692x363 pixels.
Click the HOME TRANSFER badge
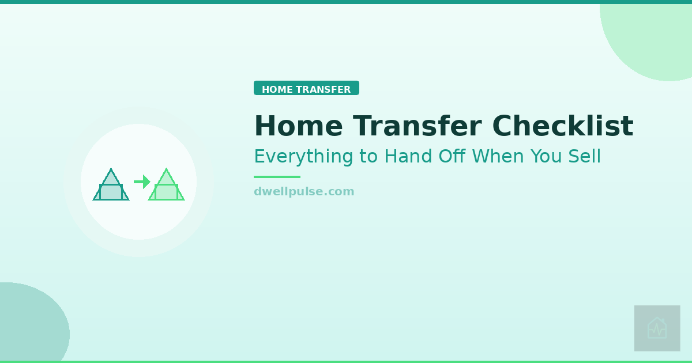pos(306,88)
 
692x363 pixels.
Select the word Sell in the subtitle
pos(585,156)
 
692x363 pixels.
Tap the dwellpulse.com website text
pos(304,191)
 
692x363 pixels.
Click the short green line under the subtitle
pos(277,177)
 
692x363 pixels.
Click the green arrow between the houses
pos(142,182)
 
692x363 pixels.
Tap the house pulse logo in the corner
pos(657,328)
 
